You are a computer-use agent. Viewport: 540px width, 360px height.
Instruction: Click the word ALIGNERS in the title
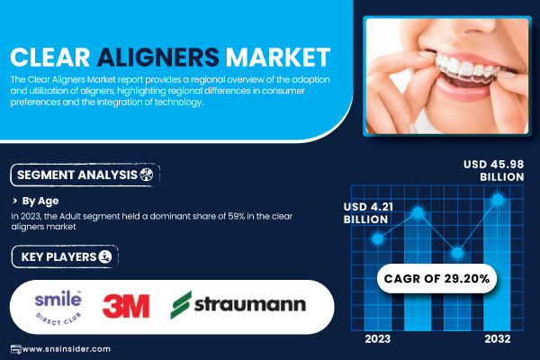pyautogui.click(x=158, y=58)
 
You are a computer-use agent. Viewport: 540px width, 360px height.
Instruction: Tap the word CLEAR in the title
pyautogui.click(x=50, y=58)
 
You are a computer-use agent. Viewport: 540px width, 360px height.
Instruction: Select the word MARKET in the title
pyautogui.click(x=278, y=58)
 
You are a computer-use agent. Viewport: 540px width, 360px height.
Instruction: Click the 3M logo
pyautogui.click(x=126, y=306)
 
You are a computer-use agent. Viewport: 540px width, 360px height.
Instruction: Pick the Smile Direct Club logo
pyautogui.click(x=58, y=307)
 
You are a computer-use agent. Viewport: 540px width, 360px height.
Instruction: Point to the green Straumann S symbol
pyautogui.click(x=181, y=305)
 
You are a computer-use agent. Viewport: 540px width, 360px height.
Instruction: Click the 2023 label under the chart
pyautogui.click(x=378, y=339)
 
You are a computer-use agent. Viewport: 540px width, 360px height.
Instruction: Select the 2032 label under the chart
pyautogui.click(x=498, y=339)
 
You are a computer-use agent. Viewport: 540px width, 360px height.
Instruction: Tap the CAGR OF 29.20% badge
pyautogui.click(x=436, y=278)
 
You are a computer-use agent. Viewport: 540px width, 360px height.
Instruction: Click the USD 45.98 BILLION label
pyautogui.click(x=493, y=170)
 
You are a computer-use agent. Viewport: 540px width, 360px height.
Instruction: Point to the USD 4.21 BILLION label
pyautogui.click(x=368, y=213)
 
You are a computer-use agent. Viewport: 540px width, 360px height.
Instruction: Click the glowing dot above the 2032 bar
pyautogui.click(x=498, y=199)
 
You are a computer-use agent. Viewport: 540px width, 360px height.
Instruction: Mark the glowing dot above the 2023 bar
pyautogui.click(x=377, y=238)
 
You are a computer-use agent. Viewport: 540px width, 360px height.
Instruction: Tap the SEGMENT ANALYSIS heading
pyautogui.click(x=85, y=175)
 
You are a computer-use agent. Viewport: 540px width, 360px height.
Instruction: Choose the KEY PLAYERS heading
pyautogui.click(x=65, y=256)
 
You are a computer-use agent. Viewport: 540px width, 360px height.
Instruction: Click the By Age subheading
pyautogui.click(x=40, y=201)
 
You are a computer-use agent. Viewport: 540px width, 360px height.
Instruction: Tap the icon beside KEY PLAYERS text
pyautogui.click(x=105, y=256)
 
